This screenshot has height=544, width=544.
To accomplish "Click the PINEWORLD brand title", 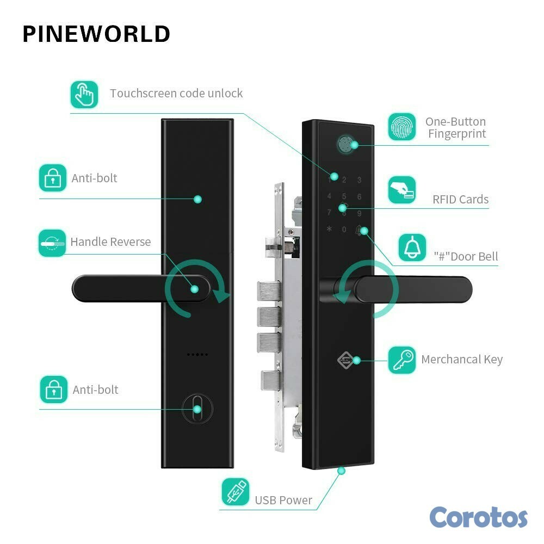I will click(x=96, y=34).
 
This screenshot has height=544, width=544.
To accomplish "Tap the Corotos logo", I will click(x=478, y=516).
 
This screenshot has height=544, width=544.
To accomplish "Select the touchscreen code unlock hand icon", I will click(x=84, y=94).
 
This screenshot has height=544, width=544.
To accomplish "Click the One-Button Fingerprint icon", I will click(x=402, y=127).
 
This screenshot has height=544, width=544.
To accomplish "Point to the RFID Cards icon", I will click(x=402, y=190).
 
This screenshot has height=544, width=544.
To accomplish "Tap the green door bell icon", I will click(x=412, y=248).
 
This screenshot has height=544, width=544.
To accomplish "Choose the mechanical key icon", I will click(x=402, y=360).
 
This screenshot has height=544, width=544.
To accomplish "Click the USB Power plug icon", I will click(x=236, y=491).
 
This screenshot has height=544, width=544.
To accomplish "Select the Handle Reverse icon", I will click(x=52, y=243).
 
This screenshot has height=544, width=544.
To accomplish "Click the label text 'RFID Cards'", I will click(x=460, y=199).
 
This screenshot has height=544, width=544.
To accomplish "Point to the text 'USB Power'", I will click(x=283, y=500).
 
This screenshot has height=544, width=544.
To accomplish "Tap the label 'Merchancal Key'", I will click(x=462, y=359).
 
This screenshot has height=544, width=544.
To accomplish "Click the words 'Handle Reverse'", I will click(x=110, y=242).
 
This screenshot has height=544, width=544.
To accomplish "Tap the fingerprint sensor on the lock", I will click(x=345, y=144).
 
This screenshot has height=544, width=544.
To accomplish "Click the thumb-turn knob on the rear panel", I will click(x=197, y=409).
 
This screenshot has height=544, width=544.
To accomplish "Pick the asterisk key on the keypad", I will click(x=329, y=230).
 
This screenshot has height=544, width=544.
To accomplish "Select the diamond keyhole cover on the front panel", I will click(x=345, y=360).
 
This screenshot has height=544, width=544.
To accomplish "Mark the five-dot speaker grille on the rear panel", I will click(x=197, y=354).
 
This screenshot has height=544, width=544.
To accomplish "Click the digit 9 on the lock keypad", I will click(x=359, y=213).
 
